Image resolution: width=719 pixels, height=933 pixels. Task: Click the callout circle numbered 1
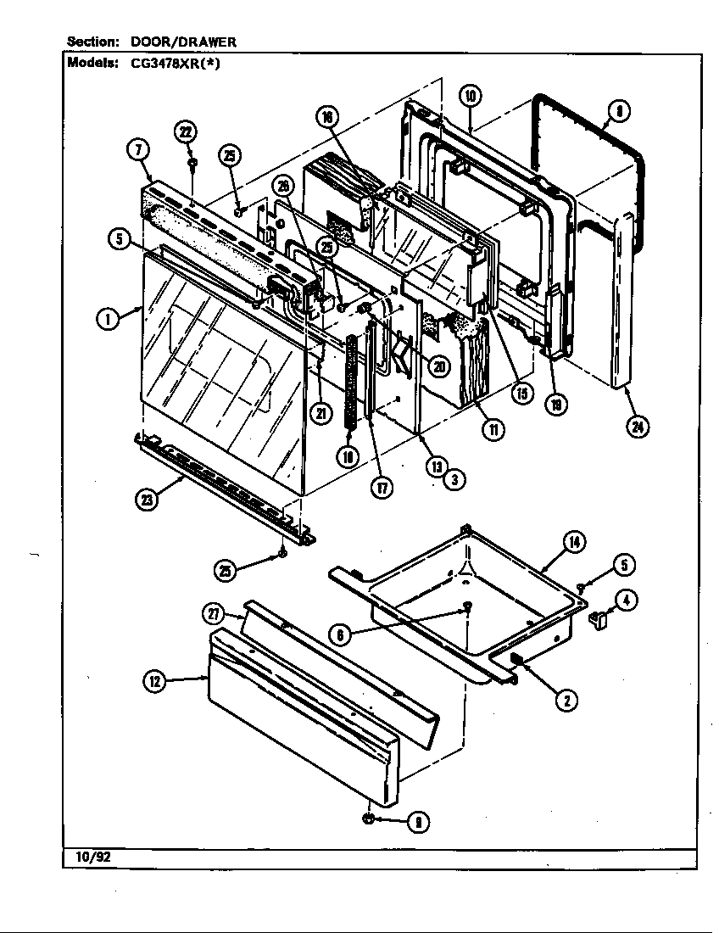tap(108, 319)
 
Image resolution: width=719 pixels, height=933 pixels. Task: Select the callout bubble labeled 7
tap(138, 150)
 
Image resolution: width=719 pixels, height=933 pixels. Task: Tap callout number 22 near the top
tap(186, 131)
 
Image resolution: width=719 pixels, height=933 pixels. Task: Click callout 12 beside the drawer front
tap(154, 681)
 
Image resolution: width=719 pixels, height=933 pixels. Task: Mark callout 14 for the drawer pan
tap(574, 543)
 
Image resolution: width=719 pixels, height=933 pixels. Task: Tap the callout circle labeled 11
tap(492, 429)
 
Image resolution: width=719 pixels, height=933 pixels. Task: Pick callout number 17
tap(383, 489)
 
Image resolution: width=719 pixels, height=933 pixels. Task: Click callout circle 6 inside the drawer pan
tap(338, 634)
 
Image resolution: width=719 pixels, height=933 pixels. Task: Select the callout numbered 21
tap(319, 413)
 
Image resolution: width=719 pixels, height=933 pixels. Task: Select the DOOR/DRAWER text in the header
tap(183, 41)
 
